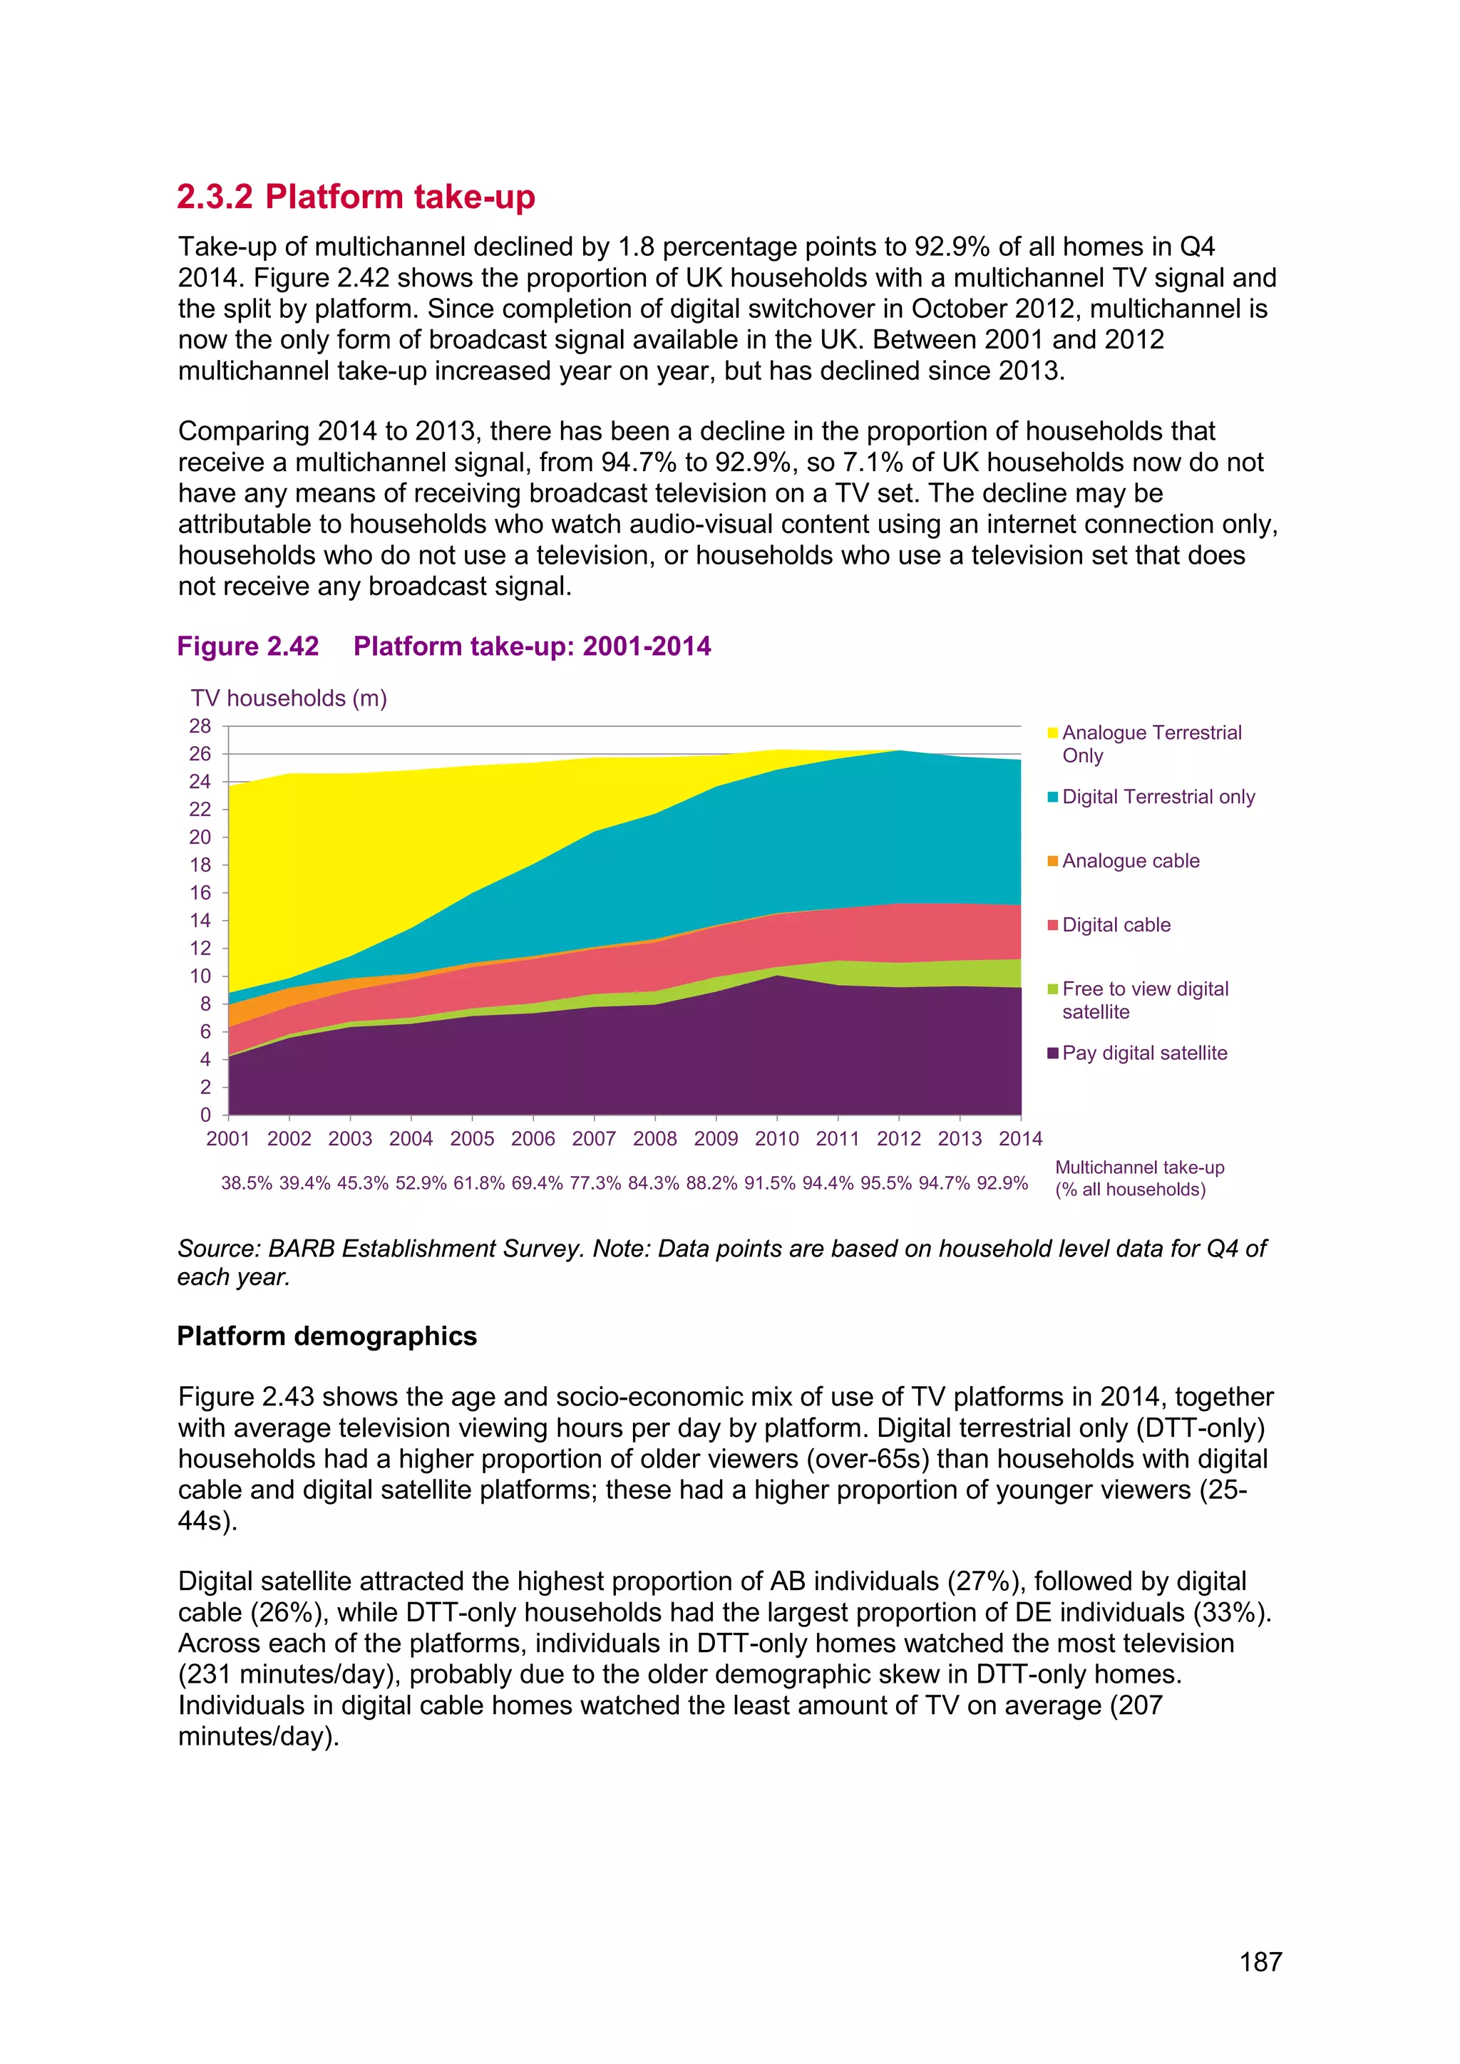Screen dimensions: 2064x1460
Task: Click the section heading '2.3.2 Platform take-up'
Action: click(355, 196)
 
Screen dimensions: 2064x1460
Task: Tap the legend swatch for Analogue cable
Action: click(1053, 861)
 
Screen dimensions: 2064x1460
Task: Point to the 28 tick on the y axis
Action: click(200, 726)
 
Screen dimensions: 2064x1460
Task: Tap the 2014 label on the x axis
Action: click(1020, 1138)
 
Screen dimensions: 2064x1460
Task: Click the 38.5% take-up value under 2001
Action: click(247, 1183)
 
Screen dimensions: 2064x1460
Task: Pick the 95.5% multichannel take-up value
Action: click(885, 1183)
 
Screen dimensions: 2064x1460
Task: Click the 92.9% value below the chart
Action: click(1002, 1183)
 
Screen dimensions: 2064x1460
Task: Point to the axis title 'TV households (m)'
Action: click(289, 698)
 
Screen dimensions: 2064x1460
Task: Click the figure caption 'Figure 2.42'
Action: click(248, 646)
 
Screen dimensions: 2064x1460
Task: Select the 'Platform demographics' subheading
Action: click(327, 1336)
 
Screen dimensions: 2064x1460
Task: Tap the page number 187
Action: click(1260, 1961)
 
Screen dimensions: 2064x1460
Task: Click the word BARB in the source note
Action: click(301, 1249)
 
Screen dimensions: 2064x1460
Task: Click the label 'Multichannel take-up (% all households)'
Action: click(1139, 1179)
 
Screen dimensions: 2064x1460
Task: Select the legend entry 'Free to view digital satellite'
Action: click(1144, 1000)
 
